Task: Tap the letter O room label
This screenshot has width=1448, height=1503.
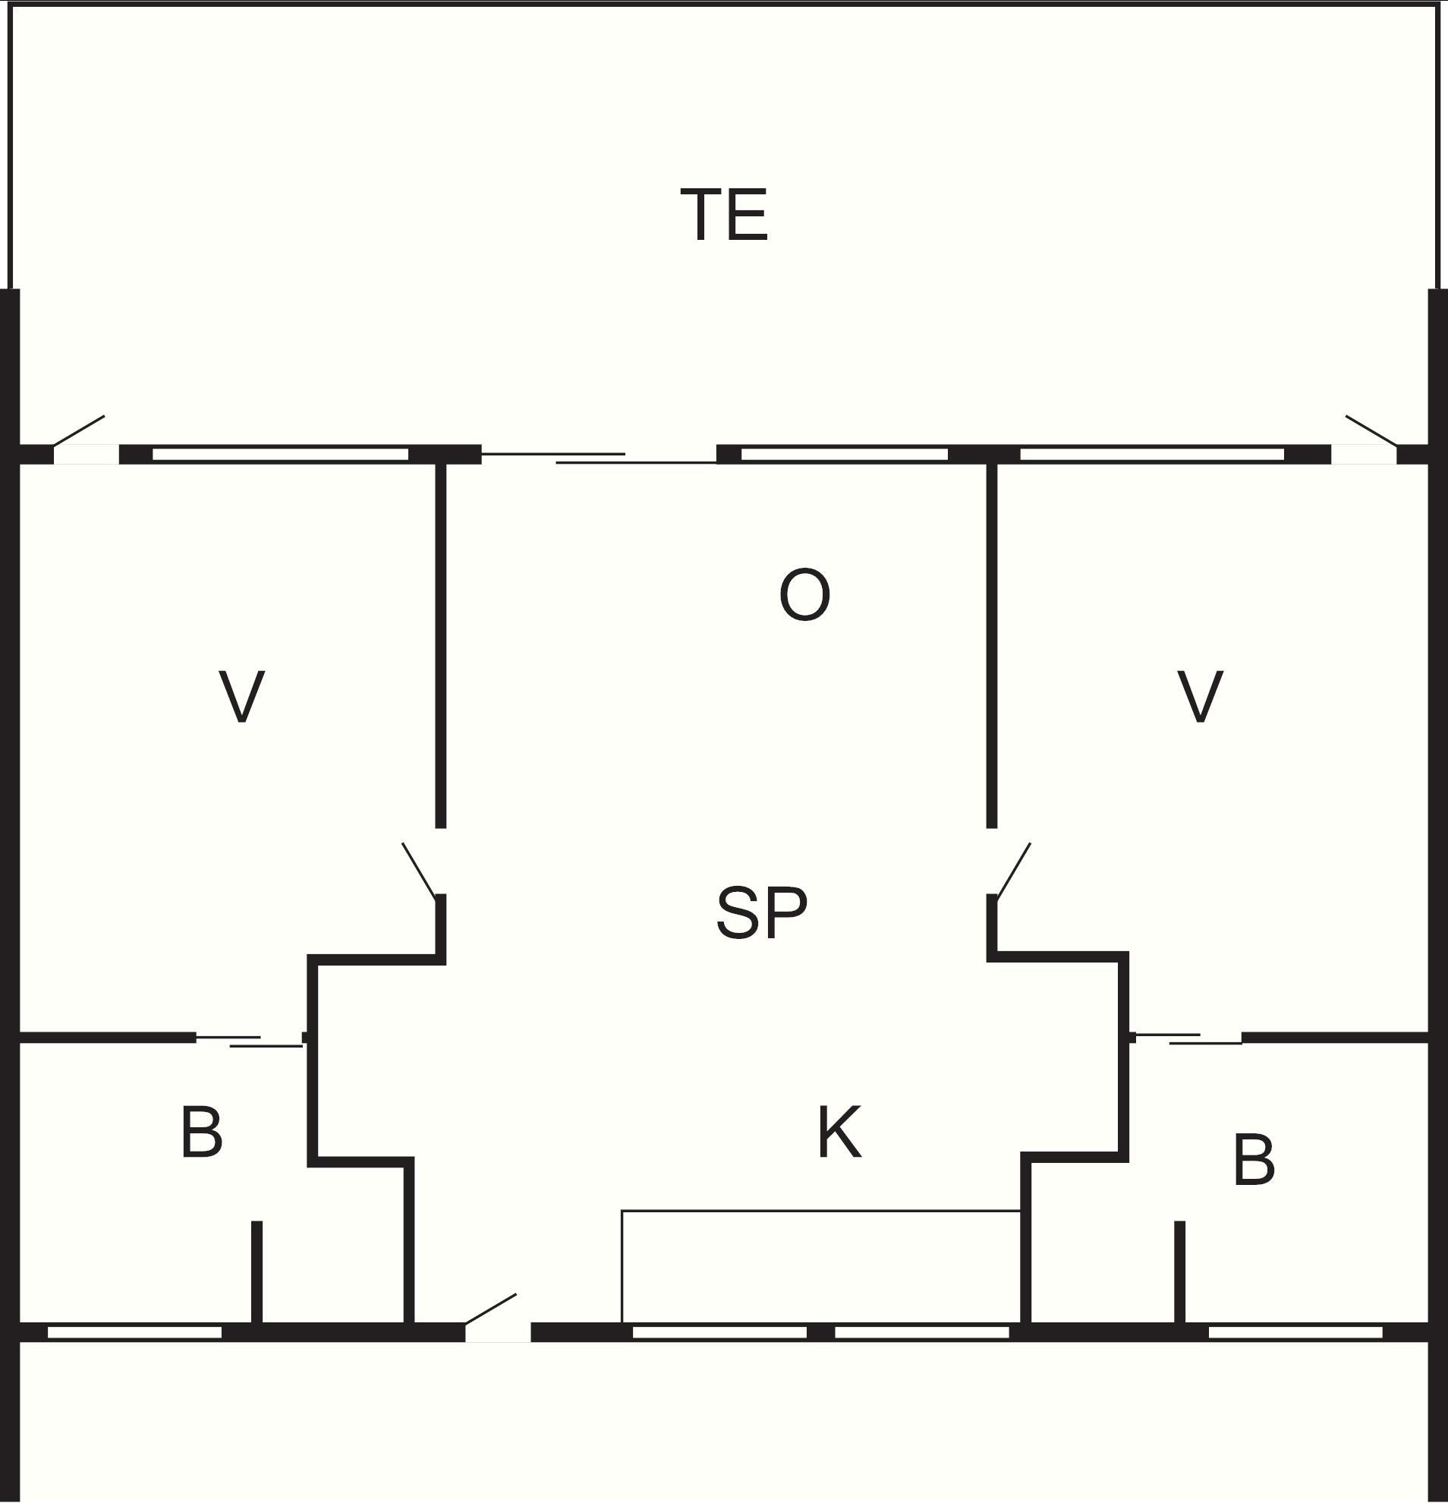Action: click(804, 594)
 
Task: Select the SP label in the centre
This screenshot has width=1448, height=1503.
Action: click(761, 912)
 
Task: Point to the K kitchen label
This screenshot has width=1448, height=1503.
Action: click(839, 1132)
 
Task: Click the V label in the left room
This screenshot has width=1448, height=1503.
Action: click(242, 695)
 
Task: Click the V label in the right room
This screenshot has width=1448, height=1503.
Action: click(1201, 695)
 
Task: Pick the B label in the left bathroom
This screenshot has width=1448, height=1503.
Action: click(202, 1132)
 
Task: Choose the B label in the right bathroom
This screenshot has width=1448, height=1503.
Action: click(1254, 1160)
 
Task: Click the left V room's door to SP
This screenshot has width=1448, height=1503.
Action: click(422, 870)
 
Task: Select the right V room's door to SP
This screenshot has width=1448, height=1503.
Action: click(1012, 870)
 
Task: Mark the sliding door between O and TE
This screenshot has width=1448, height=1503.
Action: click(599, 458)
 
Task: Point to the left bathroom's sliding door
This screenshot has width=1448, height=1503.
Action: click(250, 1041)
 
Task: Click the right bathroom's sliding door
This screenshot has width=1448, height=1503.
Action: click(1188, 1039)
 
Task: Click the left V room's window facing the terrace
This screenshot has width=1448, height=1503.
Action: click(281, 455)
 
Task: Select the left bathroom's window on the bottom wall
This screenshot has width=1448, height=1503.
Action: click(135, 1332)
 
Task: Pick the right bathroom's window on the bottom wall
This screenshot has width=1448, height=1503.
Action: click(1295, 1332)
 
